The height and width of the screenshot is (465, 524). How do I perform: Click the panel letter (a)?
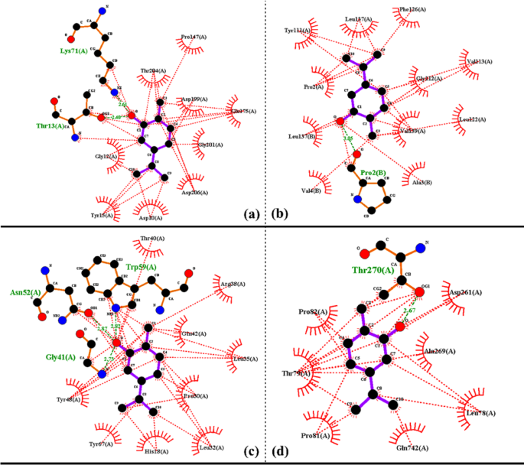pos(251,214)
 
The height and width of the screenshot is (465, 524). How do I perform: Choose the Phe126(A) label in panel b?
pos(412,10)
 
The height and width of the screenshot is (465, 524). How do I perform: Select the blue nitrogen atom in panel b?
pos(356,199)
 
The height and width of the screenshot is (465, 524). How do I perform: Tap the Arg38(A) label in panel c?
pos(233,284)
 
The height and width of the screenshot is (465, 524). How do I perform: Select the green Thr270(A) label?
pos(373,269)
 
